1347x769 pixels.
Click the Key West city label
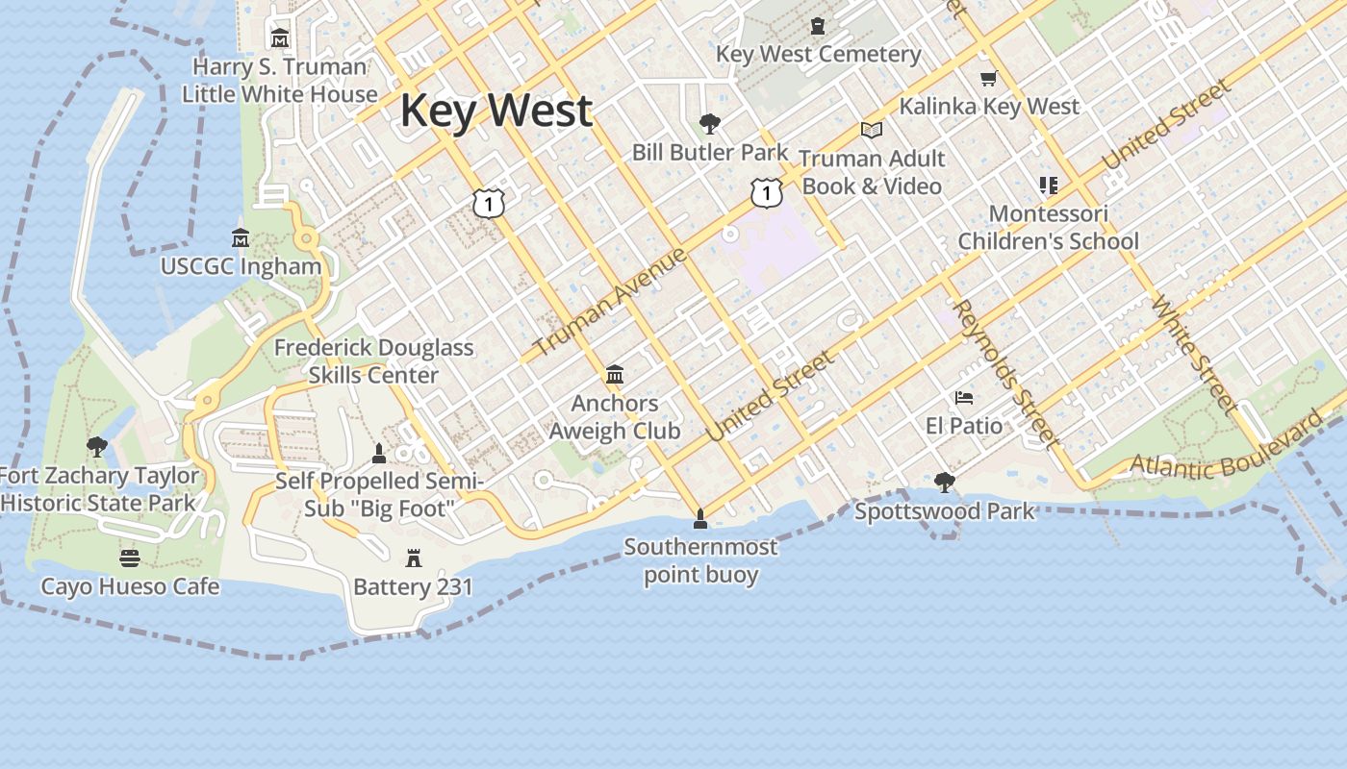tap(496, 110)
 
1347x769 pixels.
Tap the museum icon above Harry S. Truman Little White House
tap(280, 38)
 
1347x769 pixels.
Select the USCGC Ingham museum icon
tap(241, 237)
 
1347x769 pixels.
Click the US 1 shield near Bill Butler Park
tap(766, 193)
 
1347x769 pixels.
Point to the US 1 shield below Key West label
tap(489, 203)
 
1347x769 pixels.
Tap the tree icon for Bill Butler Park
tap(710, 123)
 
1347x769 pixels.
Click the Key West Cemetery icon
tap(818, 26)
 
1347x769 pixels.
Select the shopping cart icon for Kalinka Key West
tap(988, 78)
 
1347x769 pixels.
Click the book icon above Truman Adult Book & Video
tap(872, 130)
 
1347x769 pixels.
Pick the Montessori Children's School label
tap(1048, 227)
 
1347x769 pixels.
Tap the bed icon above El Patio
tap(963, 397)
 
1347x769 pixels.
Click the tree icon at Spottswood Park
tap(944, 482)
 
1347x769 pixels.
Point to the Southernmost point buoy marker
tap(700, 519)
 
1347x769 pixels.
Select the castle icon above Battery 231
tap(414, 558)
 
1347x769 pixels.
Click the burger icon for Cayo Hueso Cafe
tap(130, 558)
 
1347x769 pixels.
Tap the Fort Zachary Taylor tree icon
tap(96, 446)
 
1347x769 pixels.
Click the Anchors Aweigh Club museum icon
tap(614, 374)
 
